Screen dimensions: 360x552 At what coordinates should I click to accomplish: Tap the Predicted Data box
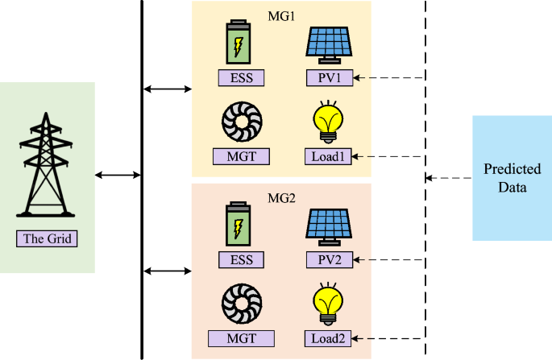point(504,179)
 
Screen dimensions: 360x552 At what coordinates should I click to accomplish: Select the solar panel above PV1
point(330,45)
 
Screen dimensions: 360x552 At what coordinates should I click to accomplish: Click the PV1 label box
point(330,78)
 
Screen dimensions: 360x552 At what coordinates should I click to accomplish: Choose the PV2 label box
point(330,260)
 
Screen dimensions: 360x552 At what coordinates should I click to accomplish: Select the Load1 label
point(330,156)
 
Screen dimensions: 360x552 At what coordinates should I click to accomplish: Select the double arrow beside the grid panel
point(118,174)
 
